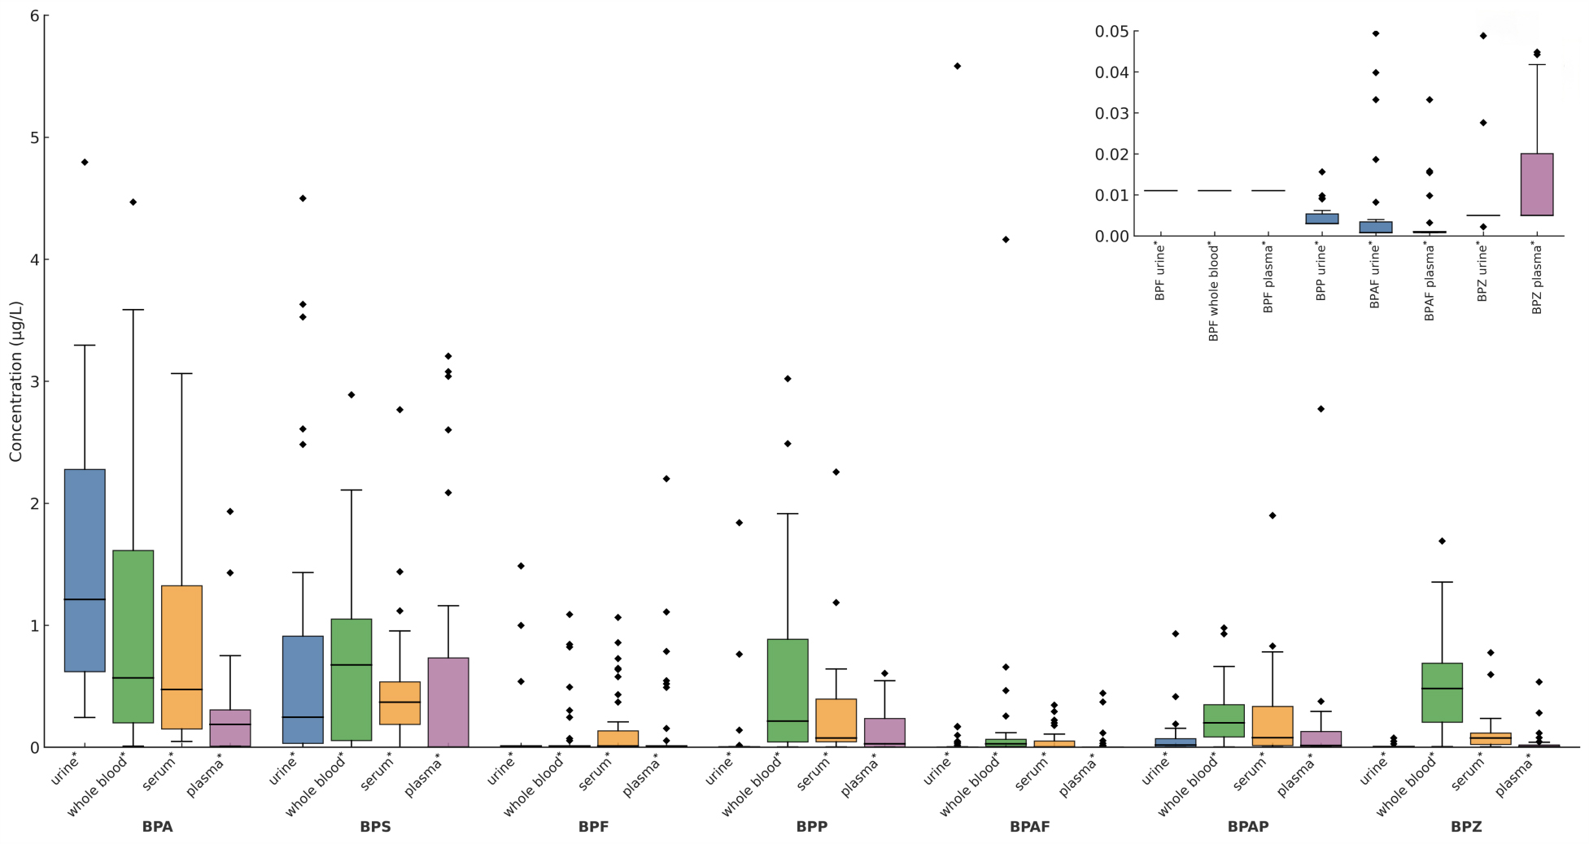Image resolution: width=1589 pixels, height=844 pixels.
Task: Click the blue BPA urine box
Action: coord(85,569)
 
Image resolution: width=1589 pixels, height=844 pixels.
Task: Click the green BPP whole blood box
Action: coord(788,690)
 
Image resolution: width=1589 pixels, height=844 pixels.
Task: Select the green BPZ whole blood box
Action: coord(1442,692)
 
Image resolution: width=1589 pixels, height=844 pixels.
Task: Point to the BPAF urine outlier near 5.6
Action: coord(957,66)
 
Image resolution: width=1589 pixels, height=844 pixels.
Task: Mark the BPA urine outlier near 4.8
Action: coord(85,162)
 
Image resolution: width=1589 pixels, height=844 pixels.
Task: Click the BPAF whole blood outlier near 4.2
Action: coord(1006,239)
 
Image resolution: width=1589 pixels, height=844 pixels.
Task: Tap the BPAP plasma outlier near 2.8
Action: coord(1321,409)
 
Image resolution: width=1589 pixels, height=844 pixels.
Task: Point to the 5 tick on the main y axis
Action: coord(33,137)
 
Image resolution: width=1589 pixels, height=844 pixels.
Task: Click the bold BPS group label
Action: coord(375,827)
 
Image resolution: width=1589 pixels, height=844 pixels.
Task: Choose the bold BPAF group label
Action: coord(1029,827)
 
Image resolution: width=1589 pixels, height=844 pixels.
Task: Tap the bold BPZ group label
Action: coord(1465,827)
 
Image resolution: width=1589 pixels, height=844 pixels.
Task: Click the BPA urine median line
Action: coord(85,599)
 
